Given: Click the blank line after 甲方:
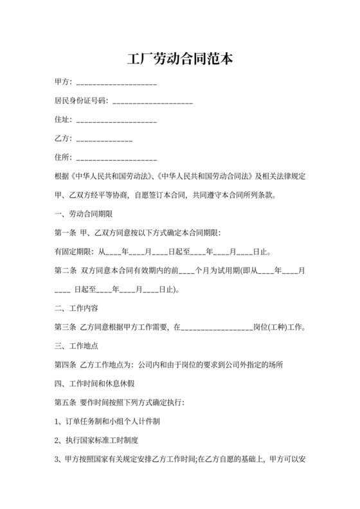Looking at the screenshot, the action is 116,84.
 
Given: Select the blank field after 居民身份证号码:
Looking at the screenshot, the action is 152,102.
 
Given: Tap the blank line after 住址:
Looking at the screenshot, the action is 116,121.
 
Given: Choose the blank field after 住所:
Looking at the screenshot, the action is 116,158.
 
